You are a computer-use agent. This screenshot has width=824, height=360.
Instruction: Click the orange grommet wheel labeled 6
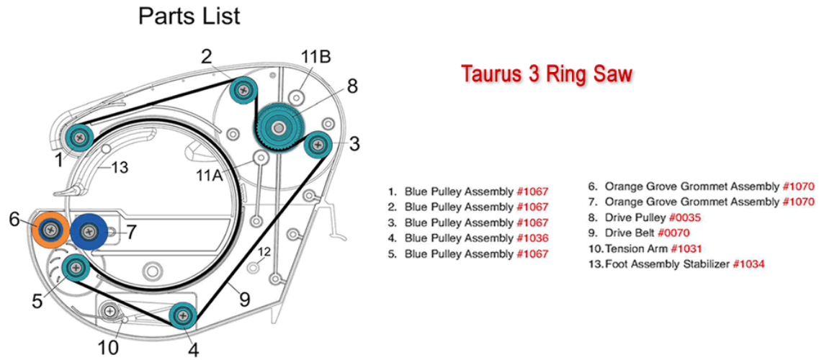tap(50, 229)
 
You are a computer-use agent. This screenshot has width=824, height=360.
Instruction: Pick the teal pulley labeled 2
tap(243, 91)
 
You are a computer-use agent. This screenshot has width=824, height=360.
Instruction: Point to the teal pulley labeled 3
tap(318, 143)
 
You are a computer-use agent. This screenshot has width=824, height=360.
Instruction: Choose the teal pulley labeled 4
tap(183, 315)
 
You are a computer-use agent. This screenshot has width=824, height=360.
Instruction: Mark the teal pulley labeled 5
tap(76, 268)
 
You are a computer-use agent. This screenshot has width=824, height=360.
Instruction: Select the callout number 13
tap(120, 168)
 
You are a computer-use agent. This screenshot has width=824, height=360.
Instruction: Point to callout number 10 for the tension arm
tap(109, 347)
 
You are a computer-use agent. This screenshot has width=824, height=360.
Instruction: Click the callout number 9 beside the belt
tap(243, 300)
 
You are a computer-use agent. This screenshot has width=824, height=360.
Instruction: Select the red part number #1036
tap(533, 238)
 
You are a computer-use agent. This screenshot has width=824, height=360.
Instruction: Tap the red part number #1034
tap(748, 264)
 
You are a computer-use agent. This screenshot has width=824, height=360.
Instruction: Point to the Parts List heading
tap(189, 17)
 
